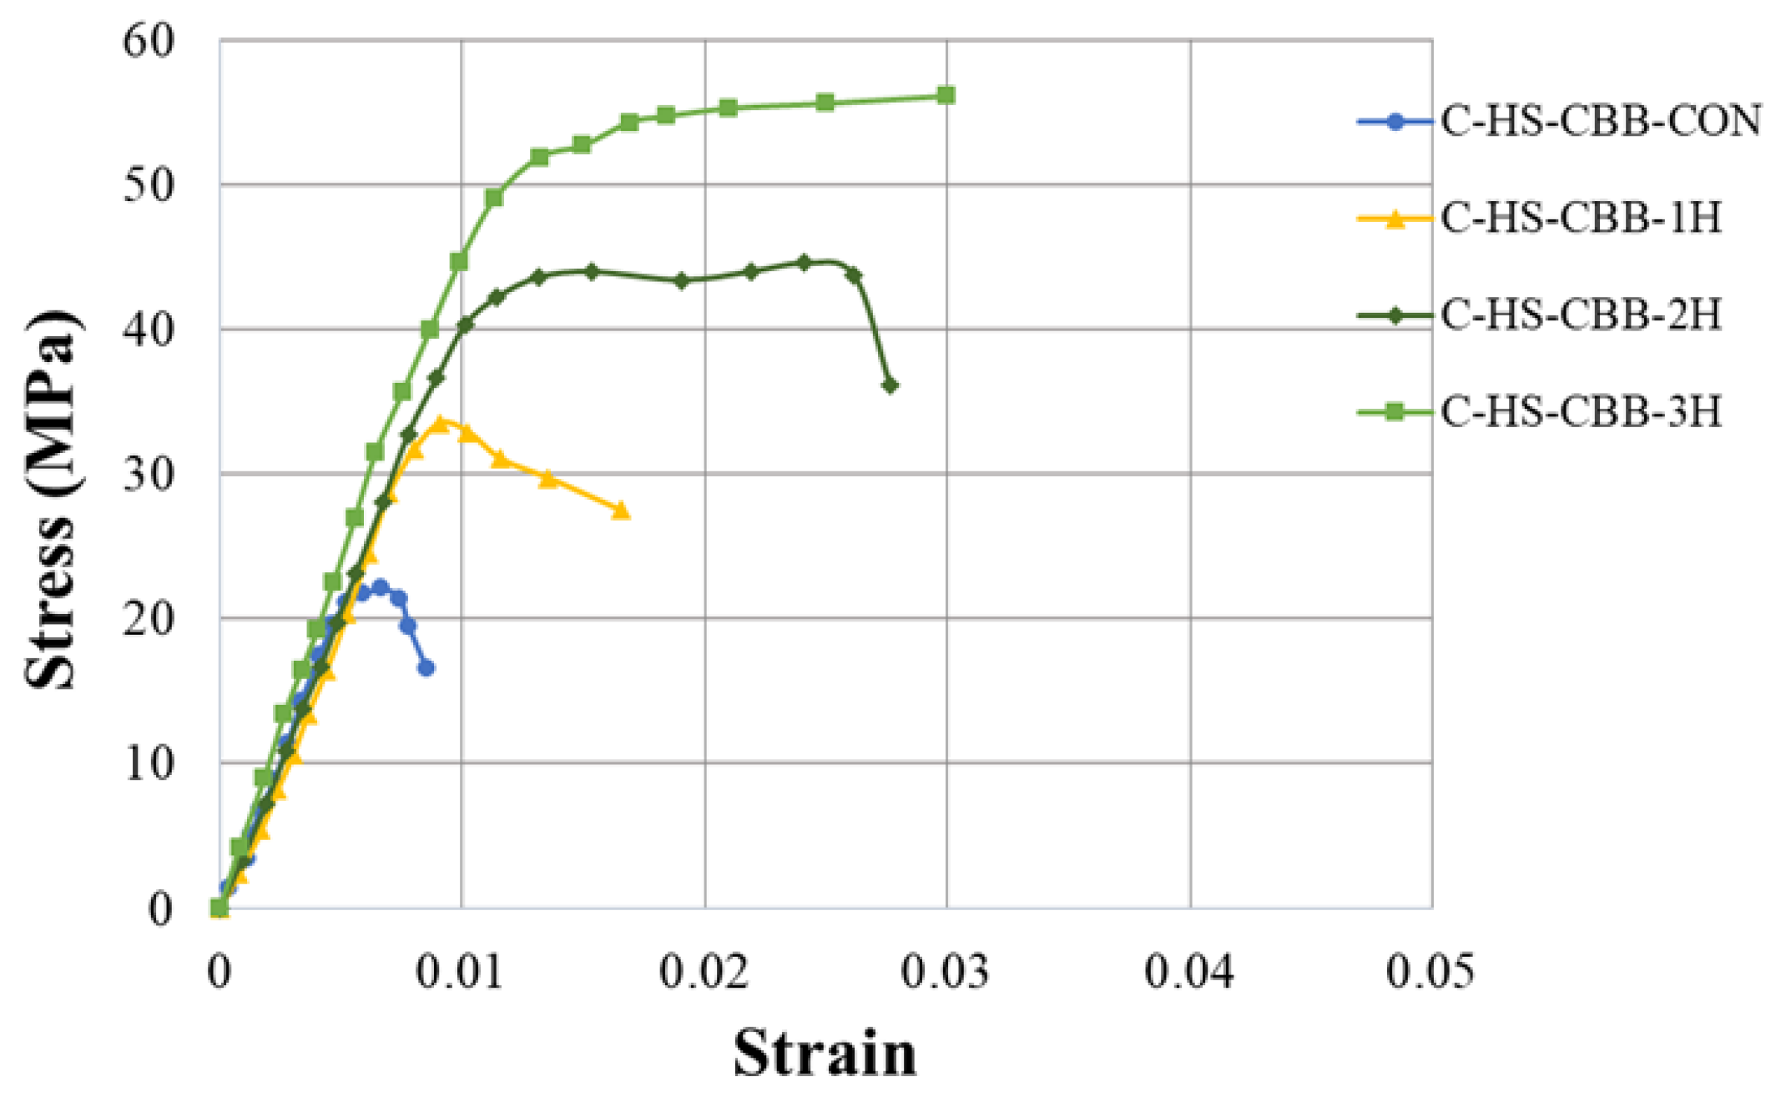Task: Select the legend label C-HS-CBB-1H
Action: coord(1581,219)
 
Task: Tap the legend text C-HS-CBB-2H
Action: coord(1581,315)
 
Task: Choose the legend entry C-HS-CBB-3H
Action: coord(1581,412)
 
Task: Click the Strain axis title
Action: coord(825,1054)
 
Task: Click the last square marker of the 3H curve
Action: coord(946,95)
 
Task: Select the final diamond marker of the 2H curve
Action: coord(890,385)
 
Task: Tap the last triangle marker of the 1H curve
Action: coord(621,511)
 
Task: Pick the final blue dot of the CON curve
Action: coord(426,667)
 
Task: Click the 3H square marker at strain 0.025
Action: coord(825,103)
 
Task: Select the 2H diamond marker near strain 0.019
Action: coord(681,280)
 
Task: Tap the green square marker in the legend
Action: coord(1395,412)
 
